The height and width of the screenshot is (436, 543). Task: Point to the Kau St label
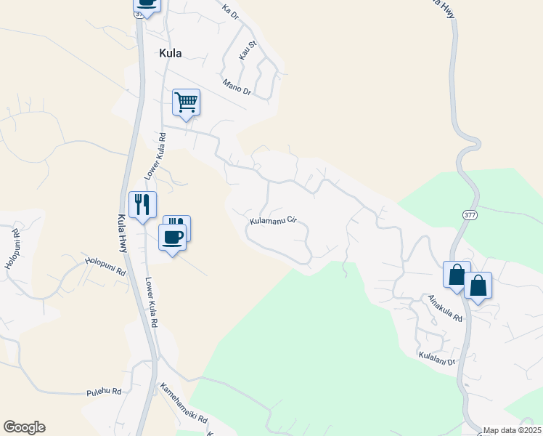(x=248, y=49)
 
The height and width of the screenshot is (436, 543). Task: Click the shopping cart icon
(x=186, y=102)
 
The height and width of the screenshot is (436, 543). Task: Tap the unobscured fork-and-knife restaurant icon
(x=142, y=203)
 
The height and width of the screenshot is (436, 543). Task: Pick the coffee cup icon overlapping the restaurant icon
(x=173, y=237)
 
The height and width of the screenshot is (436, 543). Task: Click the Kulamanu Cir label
(x=274, y=219)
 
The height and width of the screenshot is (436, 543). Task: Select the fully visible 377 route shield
(x=470, y=215)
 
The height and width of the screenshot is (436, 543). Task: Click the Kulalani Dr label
(x=436, y=357)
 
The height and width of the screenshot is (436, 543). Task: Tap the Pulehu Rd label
(x=104, y=391)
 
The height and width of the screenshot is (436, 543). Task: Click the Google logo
(x=24, y=427)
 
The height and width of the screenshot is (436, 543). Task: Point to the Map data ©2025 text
(x=513, y=430)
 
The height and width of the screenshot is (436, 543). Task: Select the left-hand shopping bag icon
(x=457, y=275)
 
